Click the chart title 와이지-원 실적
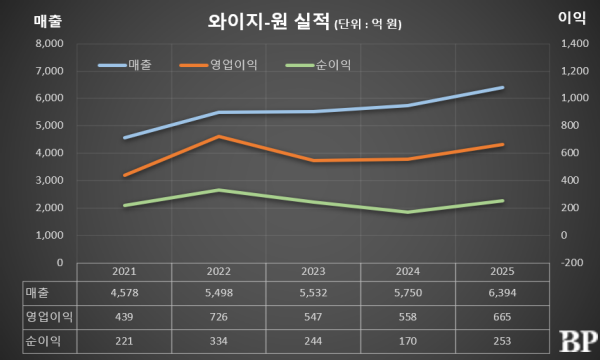tap(268, 22)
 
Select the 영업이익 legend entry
tap(218, 65)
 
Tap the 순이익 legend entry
tap(318, 65)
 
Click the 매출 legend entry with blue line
tap(125, 65)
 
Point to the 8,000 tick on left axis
tap(49, 44)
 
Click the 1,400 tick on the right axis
tap(575, 44)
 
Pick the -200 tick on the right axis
tap(572, 263)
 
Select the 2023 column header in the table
tap(313, 272)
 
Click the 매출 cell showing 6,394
tap(502, 293)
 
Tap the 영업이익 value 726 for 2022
tap(218, 317)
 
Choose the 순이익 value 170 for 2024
tap(408, 341)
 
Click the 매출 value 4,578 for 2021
tap(124, 293)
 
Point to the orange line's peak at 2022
tap(219, 136)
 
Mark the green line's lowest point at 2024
tap(408, 212)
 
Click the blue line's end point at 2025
tap(502, 88)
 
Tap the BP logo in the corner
tap(579, 341)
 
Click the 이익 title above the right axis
tap(572, 18)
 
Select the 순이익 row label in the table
tap(43, 341)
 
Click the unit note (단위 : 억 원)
tap(368, 24)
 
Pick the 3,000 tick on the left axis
tap(49, 181)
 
